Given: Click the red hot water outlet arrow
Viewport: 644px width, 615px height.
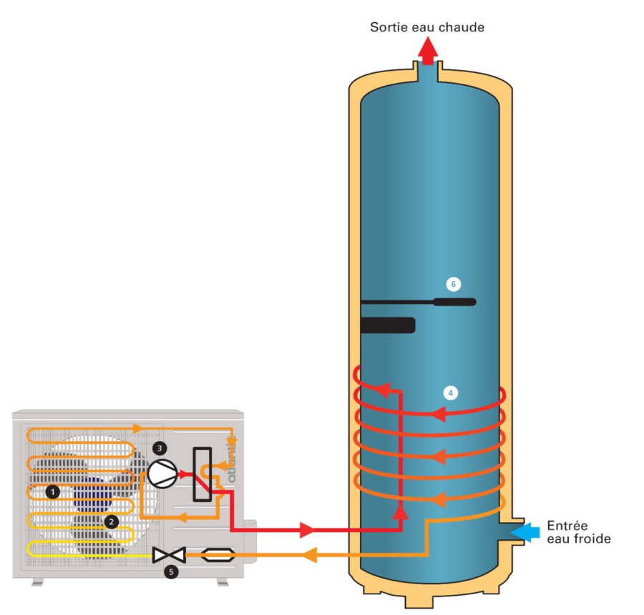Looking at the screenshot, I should (x=427, y=51).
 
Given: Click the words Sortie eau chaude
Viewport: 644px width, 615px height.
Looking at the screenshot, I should (x=427, y=27).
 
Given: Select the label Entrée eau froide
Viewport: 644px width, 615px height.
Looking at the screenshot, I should (x=579, y=532).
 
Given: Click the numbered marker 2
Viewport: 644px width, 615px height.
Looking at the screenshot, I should (x=111, y=521).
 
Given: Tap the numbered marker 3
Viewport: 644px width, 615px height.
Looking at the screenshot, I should (x=160, y=448).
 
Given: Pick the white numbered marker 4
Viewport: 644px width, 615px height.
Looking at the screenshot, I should (x=450, y=393).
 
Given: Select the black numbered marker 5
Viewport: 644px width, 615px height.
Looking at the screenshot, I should (x=170, y=571).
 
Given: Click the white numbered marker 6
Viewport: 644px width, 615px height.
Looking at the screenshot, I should (x=453, y=284).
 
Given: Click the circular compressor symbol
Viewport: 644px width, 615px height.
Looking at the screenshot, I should (x=162, y=473).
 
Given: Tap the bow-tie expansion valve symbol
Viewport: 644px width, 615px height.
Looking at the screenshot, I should (x=170, y=553).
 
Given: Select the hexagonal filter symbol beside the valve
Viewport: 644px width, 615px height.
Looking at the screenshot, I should (x=215, y=553).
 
